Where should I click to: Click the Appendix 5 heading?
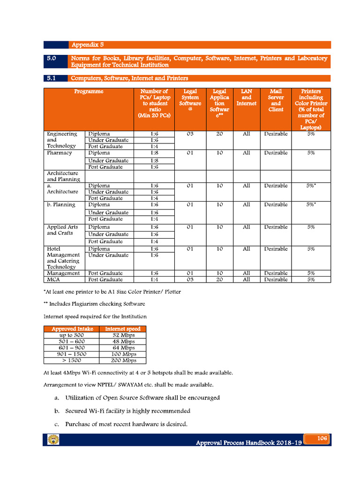[87, 45]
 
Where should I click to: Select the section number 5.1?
[52, 78]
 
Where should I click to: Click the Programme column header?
[89, 92]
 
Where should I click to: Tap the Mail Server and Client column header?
[276, 100]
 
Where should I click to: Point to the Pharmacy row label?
[60, 153]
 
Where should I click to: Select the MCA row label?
[53, 279]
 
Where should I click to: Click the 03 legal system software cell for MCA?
[190, 279]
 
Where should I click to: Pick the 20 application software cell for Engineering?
[219, 134]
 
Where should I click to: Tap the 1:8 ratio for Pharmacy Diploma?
[154, 153]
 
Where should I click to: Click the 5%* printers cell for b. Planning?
[311, 205]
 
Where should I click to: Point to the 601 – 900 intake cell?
[72, 348]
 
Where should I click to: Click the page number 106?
[322, 438]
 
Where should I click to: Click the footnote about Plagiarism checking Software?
[94, 304]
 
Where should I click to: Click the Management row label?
[63, 273]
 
